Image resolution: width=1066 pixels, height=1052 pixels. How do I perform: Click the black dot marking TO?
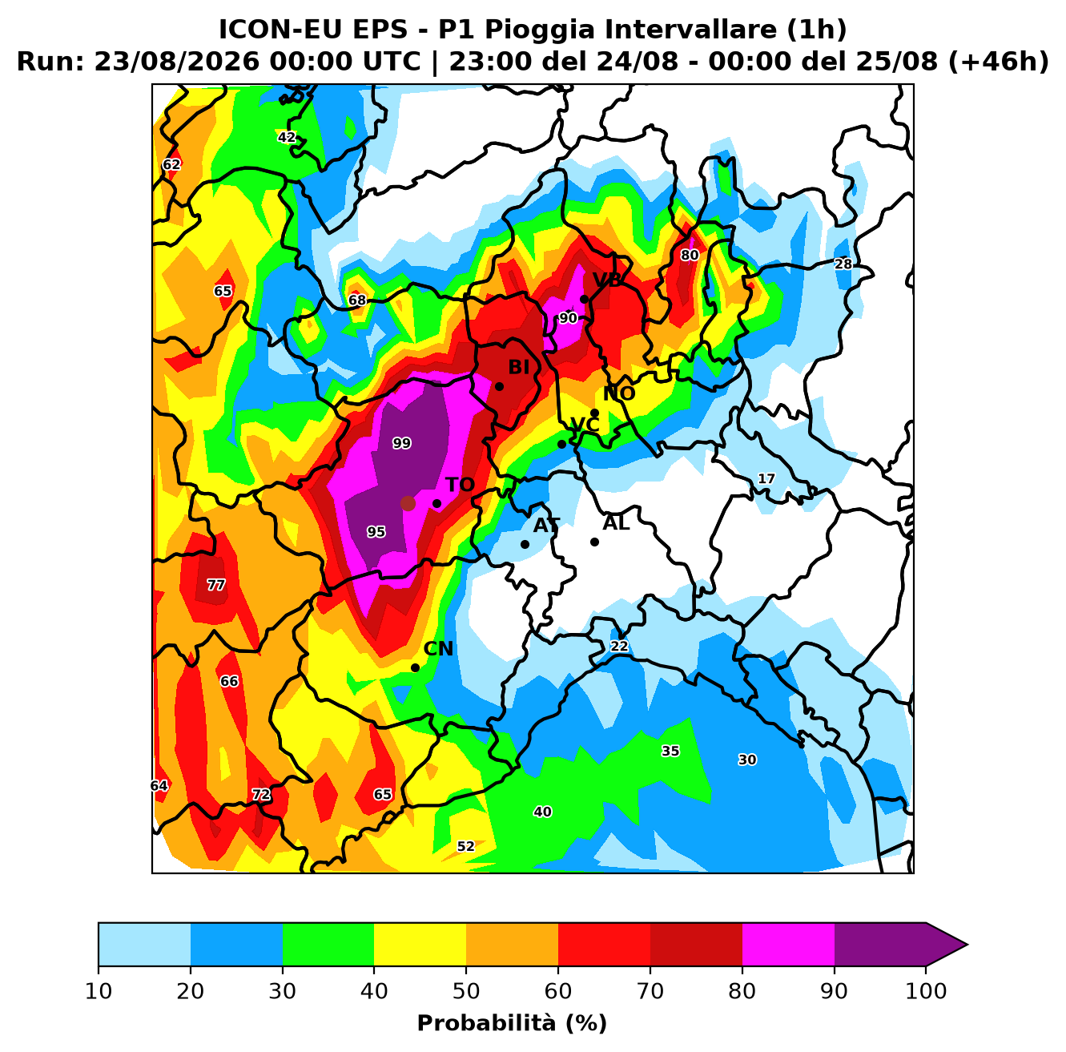coord(436,503)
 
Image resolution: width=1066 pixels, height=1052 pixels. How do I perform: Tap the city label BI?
coord(518,367)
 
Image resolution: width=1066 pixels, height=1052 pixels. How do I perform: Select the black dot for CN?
coord(415,667)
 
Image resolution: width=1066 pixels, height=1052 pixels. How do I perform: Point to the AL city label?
coord(616,522)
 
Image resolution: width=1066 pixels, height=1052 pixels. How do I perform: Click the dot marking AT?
coord(525,544)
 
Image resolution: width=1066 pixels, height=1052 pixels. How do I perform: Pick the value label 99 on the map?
coord(401,443)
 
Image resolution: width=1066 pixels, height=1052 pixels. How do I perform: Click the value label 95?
coord(376,531)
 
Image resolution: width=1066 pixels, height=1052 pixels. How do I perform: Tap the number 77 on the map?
coord(215,585)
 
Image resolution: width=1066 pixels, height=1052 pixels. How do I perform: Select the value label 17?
coord(766,478)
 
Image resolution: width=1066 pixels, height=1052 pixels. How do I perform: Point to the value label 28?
coord(843,264)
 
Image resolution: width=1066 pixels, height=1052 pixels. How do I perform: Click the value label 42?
coord(287,137)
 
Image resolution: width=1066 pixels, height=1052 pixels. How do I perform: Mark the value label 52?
coord(466,846)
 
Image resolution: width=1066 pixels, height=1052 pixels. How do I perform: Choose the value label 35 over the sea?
coord(670,751)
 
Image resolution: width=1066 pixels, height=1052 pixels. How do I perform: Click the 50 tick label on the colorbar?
coord(466,990)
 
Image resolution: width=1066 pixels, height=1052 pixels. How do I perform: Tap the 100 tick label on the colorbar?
coord(926,990)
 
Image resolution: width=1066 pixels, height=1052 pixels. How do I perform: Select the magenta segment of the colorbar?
coord(788,944)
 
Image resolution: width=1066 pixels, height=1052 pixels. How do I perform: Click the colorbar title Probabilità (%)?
coord(512,1022)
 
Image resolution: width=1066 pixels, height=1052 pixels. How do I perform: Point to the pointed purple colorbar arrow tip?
coord(967,944)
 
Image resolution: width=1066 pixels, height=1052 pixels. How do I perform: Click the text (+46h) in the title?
coord(998,62)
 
